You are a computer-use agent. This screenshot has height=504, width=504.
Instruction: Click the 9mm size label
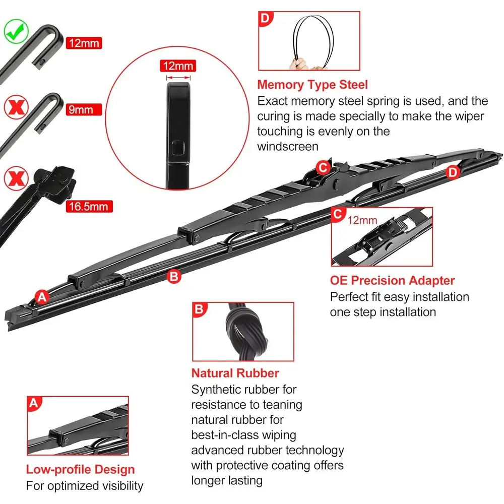pos(83,109)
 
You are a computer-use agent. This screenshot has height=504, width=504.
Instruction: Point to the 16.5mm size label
pos(89,206)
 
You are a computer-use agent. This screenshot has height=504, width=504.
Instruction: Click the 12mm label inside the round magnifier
pos(177,66)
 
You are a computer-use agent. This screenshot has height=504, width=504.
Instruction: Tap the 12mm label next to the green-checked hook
pos(83,43)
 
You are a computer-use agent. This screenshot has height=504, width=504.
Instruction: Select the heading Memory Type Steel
pos(312,85)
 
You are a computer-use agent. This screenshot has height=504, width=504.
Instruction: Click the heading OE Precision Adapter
pos(392,281)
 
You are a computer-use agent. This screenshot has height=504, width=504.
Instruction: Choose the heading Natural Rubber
pos(235,373)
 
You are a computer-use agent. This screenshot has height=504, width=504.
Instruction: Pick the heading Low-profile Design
pos(81,470)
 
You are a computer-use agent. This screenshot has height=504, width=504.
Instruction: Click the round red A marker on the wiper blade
pos(42,297)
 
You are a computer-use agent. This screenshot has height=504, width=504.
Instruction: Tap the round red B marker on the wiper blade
pos(174,276)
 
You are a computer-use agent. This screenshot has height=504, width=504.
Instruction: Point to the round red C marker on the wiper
pos(322,167)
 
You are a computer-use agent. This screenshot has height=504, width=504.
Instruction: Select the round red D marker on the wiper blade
pos(453,172)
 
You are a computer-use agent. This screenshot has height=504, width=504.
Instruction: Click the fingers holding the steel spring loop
pos(301,64)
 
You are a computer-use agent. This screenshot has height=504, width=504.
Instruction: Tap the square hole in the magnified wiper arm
pos(178,149)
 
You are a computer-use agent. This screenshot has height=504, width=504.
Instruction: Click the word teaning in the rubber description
pos(283,404)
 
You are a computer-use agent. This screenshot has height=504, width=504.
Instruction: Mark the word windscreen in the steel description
pos(288,147)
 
